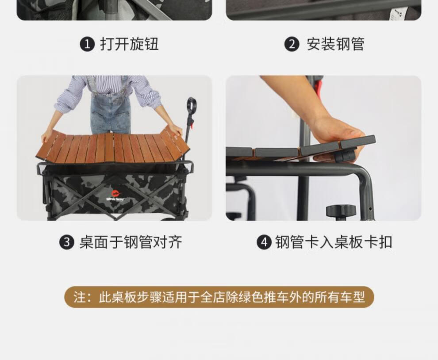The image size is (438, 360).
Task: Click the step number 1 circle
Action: pos(88,44)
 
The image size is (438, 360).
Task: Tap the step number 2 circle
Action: pos(292,44)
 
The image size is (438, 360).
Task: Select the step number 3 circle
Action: pos(67,242)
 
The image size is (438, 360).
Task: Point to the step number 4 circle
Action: pos(264,242)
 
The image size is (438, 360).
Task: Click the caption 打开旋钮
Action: pos(129,44)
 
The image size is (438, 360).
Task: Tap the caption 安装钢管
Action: pos(335,44)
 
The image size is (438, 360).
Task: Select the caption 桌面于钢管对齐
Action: pos(131,242)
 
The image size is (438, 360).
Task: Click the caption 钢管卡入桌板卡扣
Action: pos(334,242)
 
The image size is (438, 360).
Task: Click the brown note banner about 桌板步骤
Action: pos(219,297)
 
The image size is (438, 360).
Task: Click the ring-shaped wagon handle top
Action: pos(191,105)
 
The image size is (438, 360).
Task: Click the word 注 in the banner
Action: pos(80,297)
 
